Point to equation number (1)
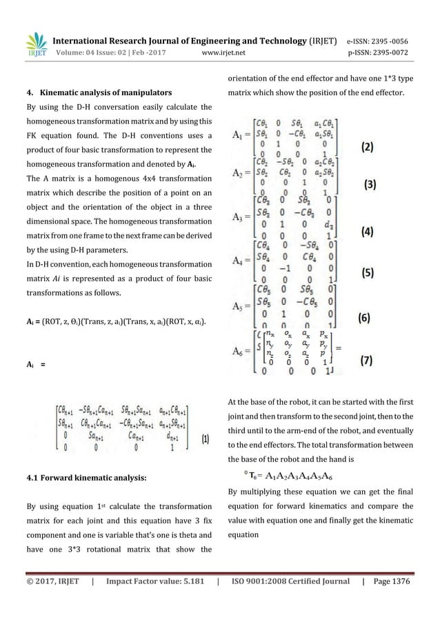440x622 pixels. pyautogui.click(x=206, y=437)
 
